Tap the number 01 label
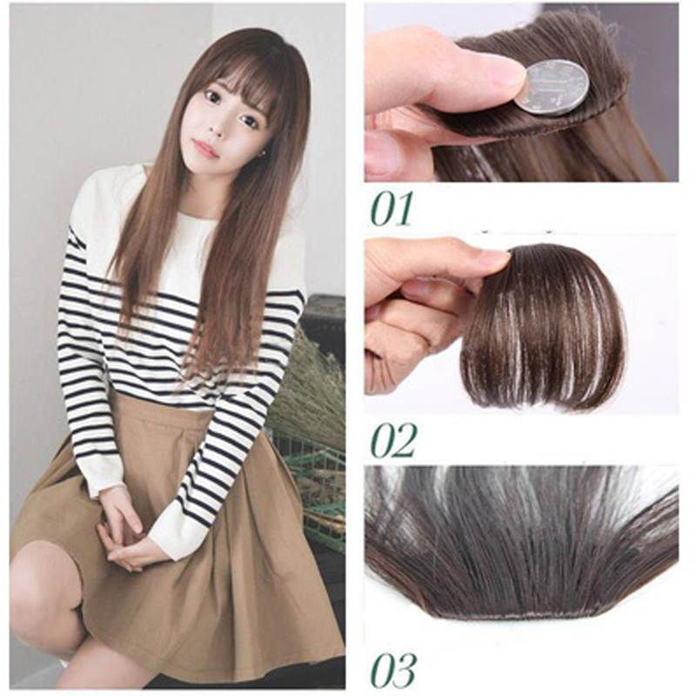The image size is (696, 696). tap(391, 209)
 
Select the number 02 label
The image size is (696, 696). tap(393, 440)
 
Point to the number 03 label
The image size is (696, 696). tap(394, 669)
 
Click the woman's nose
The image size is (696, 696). tap(216, 126)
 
